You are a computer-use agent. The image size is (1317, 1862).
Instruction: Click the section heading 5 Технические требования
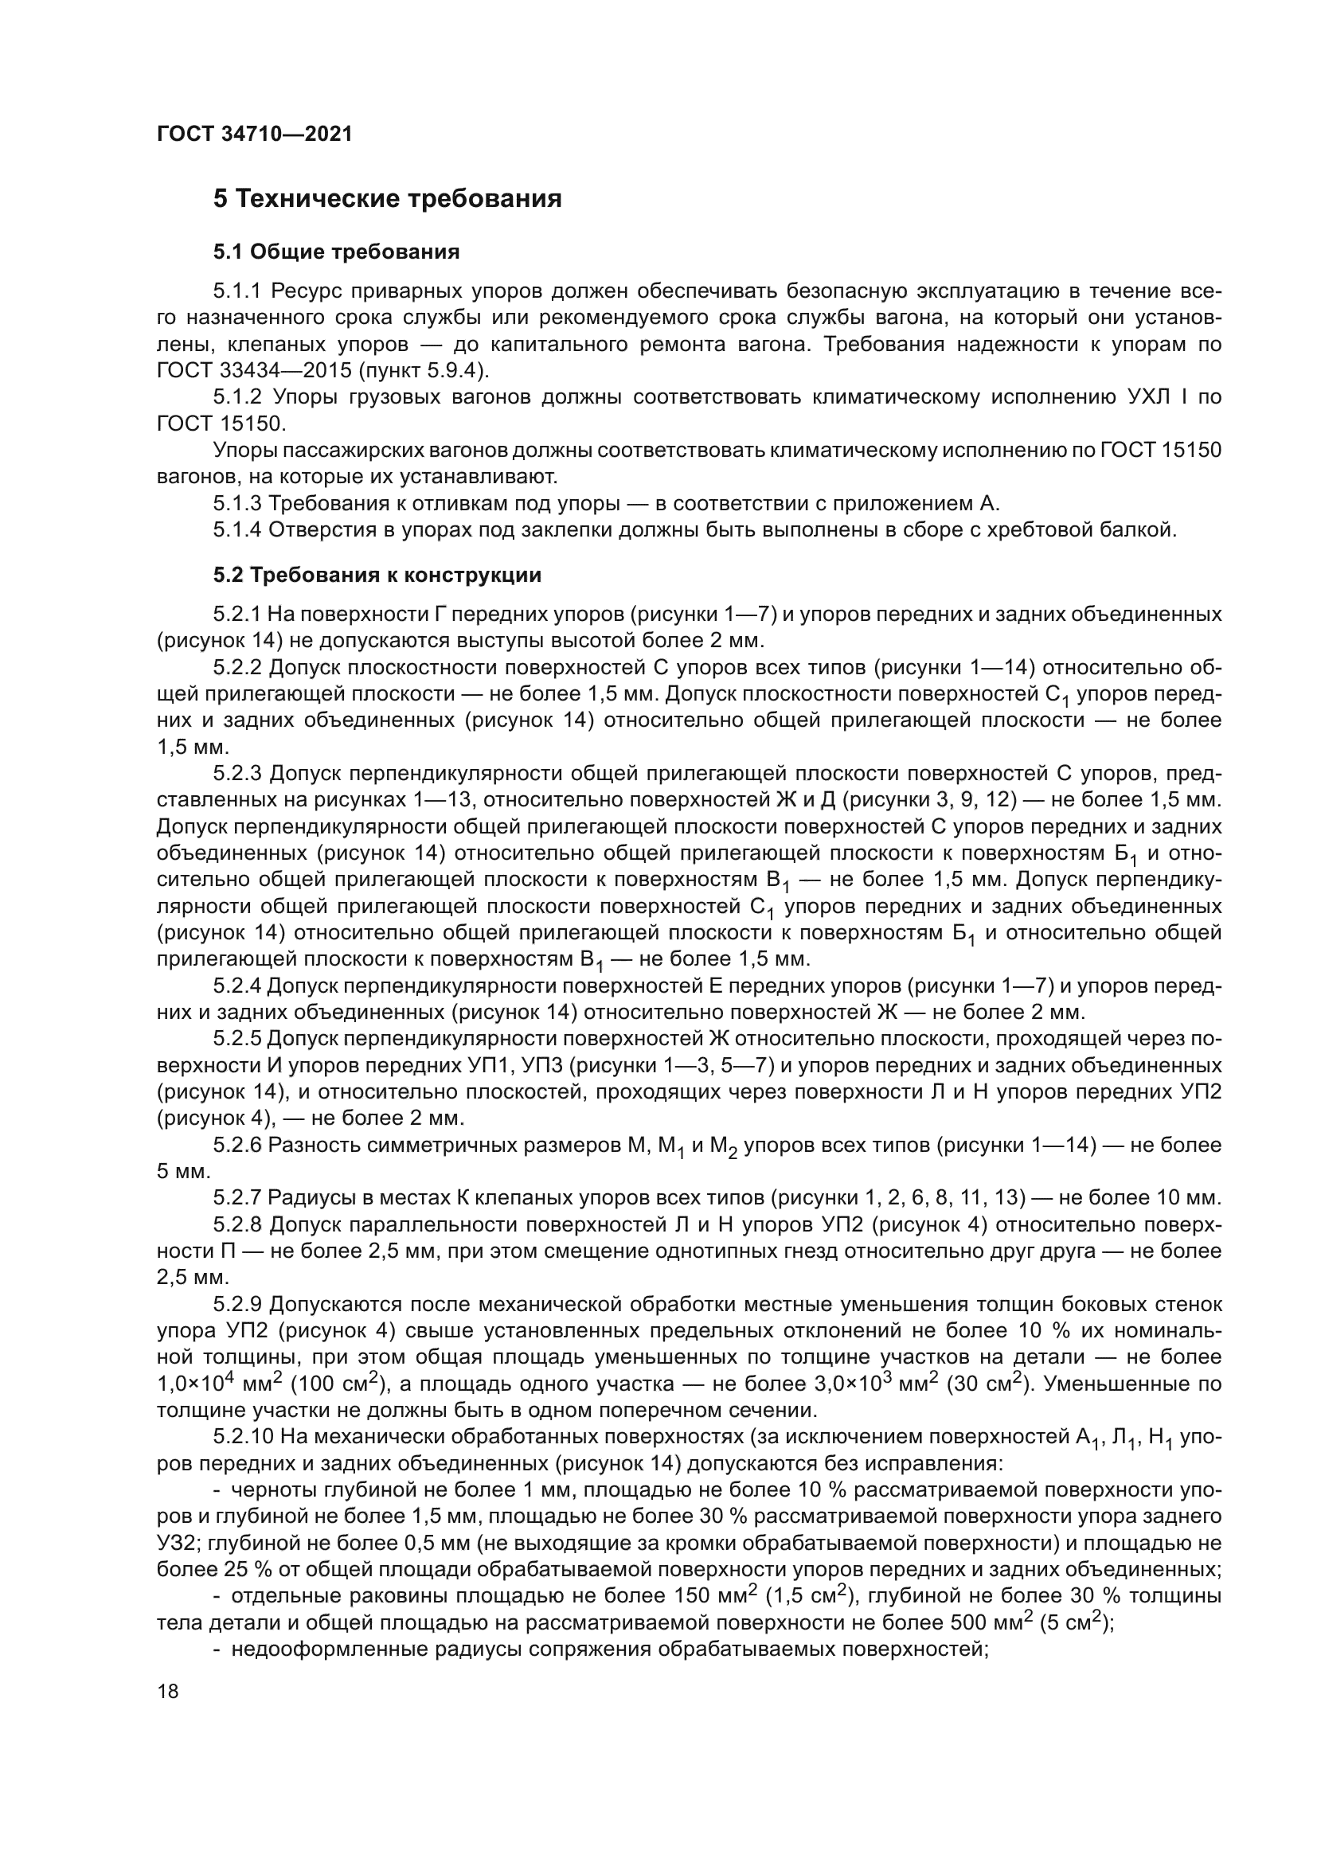click(387, 199)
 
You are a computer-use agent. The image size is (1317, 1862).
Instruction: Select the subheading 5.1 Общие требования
click(337, 252)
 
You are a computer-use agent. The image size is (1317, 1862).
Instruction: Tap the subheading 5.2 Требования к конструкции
click(377, 576)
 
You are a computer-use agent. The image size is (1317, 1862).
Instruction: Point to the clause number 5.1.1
click(238, 291)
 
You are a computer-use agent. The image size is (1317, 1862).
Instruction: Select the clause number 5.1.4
click(238, 530)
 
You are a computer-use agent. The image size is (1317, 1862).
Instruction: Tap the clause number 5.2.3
click(238, 774)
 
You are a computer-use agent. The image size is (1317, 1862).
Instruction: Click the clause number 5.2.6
click(238, 1145)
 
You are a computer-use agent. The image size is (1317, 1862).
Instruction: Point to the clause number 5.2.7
click(238, 1198)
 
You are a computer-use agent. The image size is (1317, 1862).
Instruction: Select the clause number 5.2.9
click(238, 1304)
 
